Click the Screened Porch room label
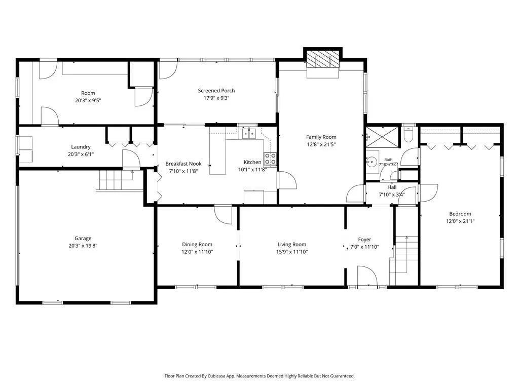[x=216, y=91]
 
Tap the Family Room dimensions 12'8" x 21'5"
[x=321, y=144]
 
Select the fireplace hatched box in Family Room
[x=323, y=60]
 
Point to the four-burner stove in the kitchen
[x=270, y=159]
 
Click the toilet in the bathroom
[x=409, y=134]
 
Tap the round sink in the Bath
[x=373, y=162]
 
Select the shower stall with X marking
[x=382, y=137]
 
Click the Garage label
[x=83, y=238]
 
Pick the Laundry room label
[x=81, y=147]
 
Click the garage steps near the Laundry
[x=116, y=180]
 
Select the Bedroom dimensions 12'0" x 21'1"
[x=460, y=221]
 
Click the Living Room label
[x=291, y=245]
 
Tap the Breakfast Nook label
[x=183, y=164]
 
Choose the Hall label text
[x=392, y=187]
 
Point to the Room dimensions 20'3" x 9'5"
[x=88, y=100]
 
